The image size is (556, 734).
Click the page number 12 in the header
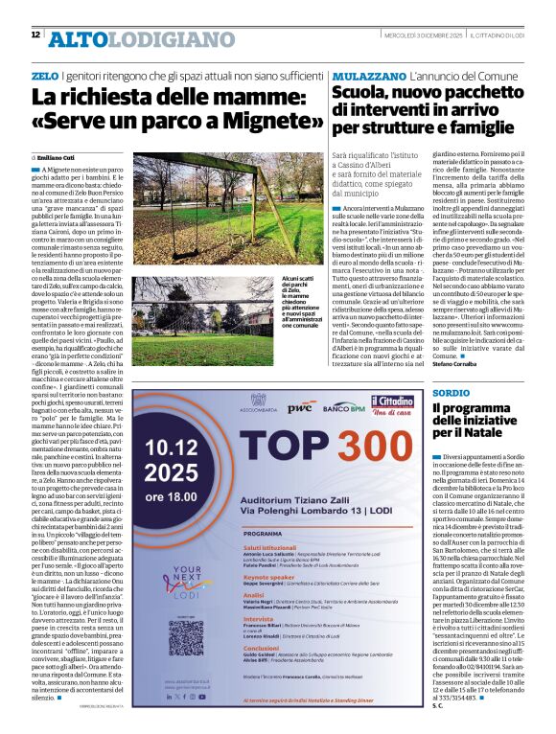coord(35,34)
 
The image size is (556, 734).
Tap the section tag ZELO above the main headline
coord(44,75)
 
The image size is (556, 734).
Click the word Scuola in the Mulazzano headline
coord(362,94)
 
